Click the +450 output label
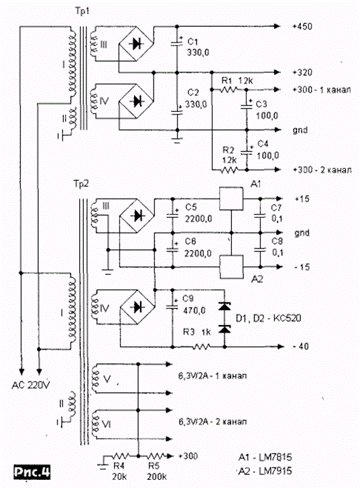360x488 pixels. (302, 26)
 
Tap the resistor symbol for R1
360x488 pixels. (229, 90)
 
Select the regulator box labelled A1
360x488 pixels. (231, 198)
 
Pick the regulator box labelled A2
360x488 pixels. (231, 267)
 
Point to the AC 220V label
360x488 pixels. (30, 385)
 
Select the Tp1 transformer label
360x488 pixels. (82, 12)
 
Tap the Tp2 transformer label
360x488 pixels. (81, 184)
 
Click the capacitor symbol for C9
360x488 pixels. (172, 306)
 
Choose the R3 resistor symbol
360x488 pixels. (202, 346)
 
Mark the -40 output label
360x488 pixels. (301, 346)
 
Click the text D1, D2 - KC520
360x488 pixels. (268, 318)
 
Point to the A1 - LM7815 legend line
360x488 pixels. (265, 457)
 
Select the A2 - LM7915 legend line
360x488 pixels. (265, 471)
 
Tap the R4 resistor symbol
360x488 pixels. (121, 456)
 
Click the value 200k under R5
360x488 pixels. (156, 477)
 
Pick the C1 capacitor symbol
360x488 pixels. (177, 42)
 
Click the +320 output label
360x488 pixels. (302, 72)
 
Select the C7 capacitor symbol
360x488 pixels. (260, 215)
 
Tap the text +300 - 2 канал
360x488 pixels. (322, 170)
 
